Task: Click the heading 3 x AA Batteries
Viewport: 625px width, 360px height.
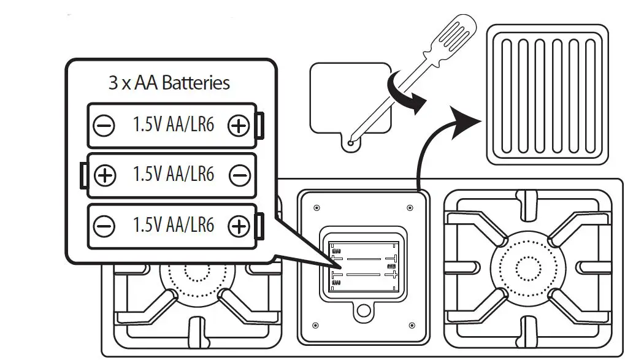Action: tap(169, 83)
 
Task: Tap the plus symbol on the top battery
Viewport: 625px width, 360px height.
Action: tap(238, 126)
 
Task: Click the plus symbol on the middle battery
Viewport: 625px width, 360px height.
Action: tap(105, 176)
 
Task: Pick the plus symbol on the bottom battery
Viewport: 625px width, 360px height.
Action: tap(238, 227)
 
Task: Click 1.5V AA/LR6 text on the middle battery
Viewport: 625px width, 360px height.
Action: tap(174, 175)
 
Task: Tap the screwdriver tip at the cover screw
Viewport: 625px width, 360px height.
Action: tap(351, 143)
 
